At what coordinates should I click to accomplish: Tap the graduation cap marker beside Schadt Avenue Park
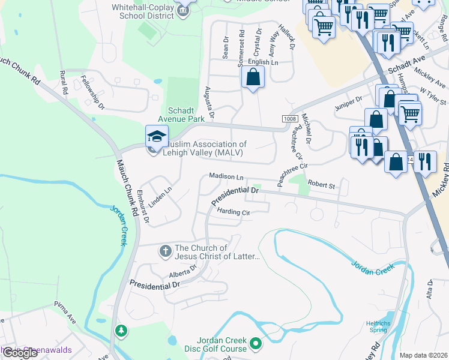156,136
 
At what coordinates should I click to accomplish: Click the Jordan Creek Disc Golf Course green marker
256,344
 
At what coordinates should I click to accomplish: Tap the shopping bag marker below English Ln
253,77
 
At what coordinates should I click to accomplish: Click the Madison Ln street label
226,177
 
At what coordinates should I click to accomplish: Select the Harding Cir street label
233,212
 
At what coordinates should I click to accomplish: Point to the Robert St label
321,185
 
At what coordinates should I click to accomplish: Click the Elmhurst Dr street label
142,207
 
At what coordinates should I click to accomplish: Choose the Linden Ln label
160,197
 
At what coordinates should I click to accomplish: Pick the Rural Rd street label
64,82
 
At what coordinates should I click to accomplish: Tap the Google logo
20,353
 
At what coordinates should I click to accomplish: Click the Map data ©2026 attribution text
423,355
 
